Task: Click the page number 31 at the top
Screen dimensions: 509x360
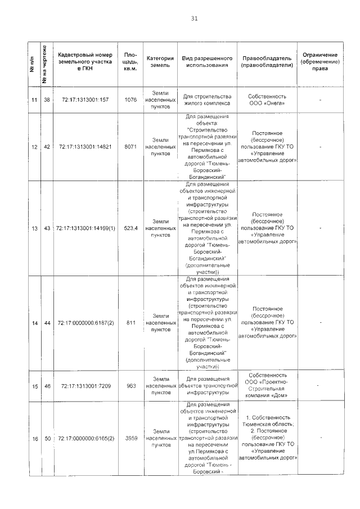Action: pos(194,18)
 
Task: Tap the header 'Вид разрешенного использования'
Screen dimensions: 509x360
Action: pos(207,61)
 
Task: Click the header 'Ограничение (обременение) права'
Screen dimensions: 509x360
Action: pos(319,61)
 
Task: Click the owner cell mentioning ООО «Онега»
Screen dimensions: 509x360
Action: pos(268,100)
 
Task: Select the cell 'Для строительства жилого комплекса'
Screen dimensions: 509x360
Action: pos(207,100)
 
